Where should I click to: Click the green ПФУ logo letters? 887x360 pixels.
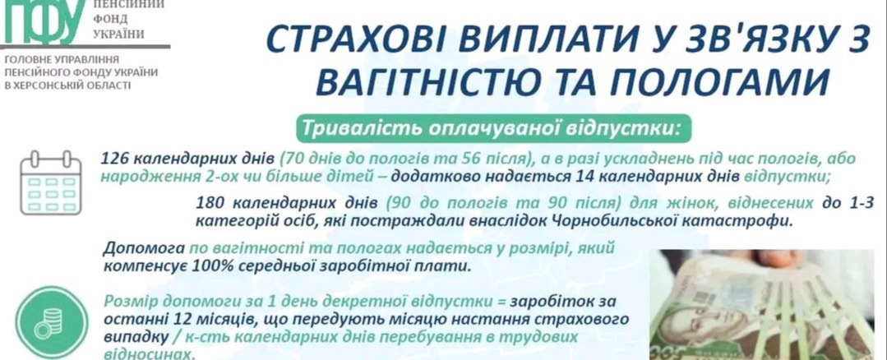pyautogui.click(x=45, y=21)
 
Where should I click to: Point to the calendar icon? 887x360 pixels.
pyautogui.click(x=52, y=182)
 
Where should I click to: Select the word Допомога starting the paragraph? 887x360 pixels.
pyautogui.click(x=144, y=249)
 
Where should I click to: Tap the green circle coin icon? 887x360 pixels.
pyautogui.click(x=52, y=322)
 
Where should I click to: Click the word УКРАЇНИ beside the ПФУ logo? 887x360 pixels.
pyautogui.click(x=119, y=34)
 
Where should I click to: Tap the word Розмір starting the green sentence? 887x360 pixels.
pyautogui.click(x=129, y=301)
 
